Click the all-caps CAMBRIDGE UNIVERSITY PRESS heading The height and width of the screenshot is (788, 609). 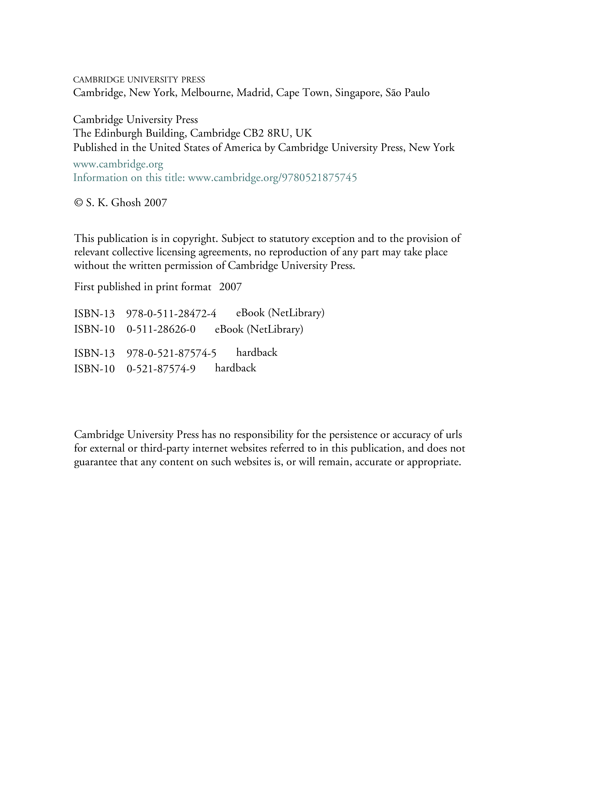pos(139,80)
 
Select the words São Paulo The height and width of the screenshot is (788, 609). pos(408,93)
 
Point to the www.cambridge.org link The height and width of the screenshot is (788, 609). pos(118,165)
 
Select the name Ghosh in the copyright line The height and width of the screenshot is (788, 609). pos(126,203)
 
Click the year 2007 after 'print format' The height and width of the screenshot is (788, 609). pos(230,287)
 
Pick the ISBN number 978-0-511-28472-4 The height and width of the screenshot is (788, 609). pos(171,314)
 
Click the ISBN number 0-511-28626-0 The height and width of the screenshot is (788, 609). pos(161,330)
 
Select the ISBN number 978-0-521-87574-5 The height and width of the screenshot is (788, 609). pos(171,353)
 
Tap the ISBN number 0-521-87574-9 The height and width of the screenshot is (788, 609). pos(161,369)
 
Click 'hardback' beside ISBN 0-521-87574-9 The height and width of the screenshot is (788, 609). pos(235,368)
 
